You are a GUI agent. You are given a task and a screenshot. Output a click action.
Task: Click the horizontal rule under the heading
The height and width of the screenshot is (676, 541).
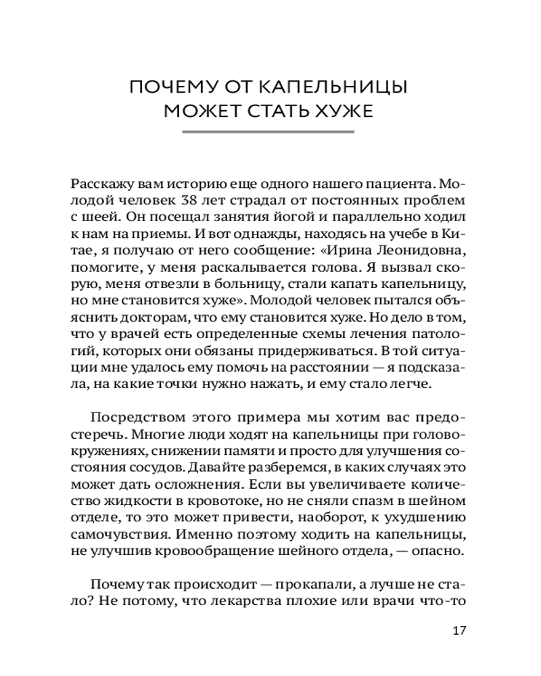270,133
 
